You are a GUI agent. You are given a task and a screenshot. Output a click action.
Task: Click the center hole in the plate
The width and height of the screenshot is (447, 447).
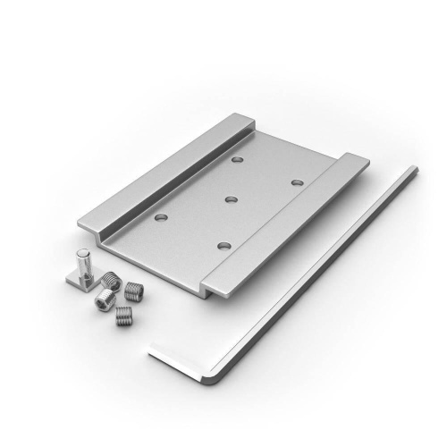coord(230,198)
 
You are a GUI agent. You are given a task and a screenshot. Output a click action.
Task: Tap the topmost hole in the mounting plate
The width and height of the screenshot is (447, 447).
coord(237,160)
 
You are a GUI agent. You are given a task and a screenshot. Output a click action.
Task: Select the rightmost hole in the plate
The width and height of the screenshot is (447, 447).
coord(296,182)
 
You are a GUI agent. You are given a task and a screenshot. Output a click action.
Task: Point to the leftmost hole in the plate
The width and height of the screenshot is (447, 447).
coord(160,216)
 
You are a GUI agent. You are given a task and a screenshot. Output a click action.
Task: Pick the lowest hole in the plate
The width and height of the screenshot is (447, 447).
coord(223,244)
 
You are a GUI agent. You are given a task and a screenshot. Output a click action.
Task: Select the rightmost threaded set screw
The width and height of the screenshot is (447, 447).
coord(134,290)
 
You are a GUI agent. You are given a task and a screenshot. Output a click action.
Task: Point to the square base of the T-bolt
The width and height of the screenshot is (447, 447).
coord(80,281)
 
